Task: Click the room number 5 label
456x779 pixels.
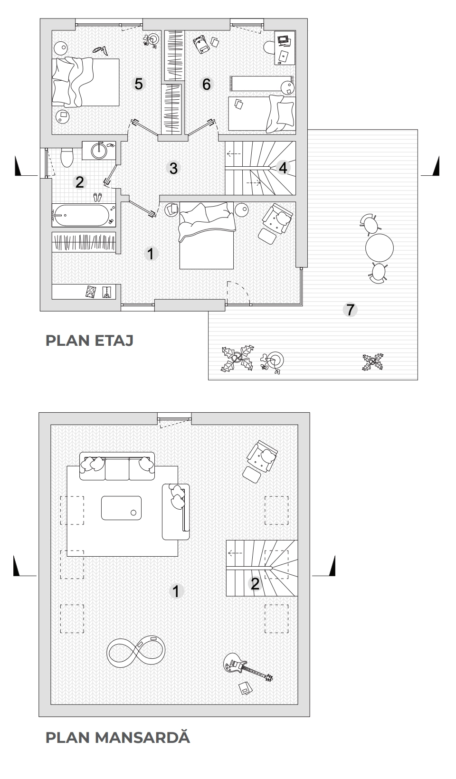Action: (x=138, y=84)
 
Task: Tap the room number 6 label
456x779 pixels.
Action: (x=206, y=84)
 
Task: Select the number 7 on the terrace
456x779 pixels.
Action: (x=350, y=309)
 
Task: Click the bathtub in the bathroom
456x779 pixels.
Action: (x=84, y=215)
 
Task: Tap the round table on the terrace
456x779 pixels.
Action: (x=380, y=247)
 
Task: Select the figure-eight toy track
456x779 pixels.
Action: (x=136, y=651)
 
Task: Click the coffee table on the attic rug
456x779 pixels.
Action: (x=122, y=508)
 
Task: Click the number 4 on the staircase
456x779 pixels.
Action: (x=283, y=168)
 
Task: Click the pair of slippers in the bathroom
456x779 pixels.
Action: (x=97, y=197)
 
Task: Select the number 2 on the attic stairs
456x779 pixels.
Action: (x=255, y=584)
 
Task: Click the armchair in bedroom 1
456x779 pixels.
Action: (x=277, y=218)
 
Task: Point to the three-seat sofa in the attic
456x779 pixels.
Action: (x=117, y=466)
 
